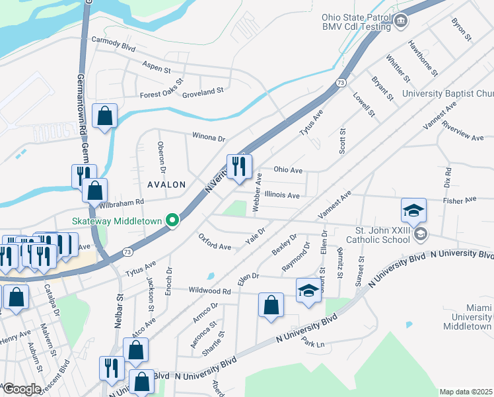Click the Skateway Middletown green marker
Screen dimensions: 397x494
tap(173, 220)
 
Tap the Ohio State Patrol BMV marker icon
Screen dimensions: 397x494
tap(401, 22)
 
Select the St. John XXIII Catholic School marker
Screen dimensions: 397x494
tap(421, 235)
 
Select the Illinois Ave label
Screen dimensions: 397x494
tap(282, 195)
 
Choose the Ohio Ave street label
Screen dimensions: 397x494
tap(288, 169)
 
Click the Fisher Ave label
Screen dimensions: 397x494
tap(460, 199)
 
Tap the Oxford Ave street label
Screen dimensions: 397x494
tap(215, 242)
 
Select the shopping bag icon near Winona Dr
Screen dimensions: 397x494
tap(105, 116)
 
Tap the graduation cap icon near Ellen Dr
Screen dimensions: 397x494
tap(308, 291)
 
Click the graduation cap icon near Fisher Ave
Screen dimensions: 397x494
tap(413, 210)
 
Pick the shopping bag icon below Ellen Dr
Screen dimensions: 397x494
tap(271, 305)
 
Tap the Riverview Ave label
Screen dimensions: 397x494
tap(463, 130)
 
